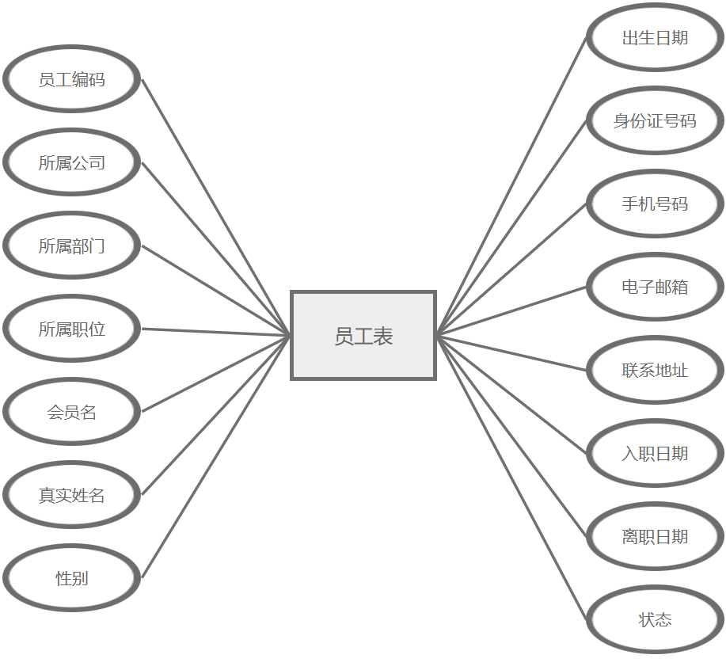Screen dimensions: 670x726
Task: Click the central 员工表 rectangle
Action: (x=363, y=336)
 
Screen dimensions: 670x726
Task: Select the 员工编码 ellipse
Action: (x=72, y=79)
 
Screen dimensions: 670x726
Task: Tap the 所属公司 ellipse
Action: (x=72, y=162)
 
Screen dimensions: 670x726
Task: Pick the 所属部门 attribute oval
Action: (x=72, y=246)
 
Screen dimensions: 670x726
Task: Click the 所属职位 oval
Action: (x=72, y=329)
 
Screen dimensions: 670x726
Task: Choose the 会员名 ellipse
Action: (x=72, y=412)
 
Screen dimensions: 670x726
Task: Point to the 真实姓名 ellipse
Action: (x=72, y=495)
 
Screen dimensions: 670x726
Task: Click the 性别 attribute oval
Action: (x=72, y=578)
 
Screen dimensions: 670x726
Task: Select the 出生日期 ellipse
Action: (x=655, y=37)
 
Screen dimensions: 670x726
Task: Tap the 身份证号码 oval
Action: (x=655, y=120)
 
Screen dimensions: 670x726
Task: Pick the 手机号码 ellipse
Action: (x=655, y=204)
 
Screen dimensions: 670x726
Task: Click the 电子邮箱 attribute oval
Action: (x=655, y=287)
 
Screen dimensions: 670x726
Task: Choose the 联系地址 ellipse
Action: (x=655, y=370)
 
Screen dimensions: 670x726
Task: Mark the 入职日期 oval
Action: (x=655, y=453)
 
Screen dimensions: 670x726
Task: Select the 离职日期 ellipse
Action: (x=655, y=536)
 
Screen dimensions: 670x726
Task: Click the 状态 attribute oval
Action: (x=655, y=619)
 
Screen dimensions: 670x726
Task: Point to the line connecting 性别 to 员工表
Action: (x=216, y=457)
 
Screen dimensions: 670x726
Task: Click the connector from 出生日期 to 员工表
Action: (x=511, y=186)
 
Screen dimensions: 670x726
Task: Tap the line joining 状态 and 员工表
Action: (x=511, y=478)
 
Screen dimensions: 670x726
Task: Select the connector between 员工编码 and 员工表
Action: (x=216, y=207)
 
